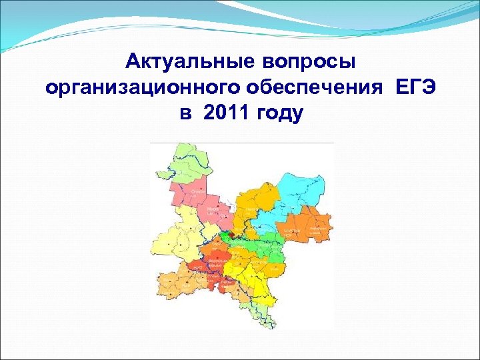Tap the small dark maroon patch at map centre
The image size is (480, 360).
coord(227,234)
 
